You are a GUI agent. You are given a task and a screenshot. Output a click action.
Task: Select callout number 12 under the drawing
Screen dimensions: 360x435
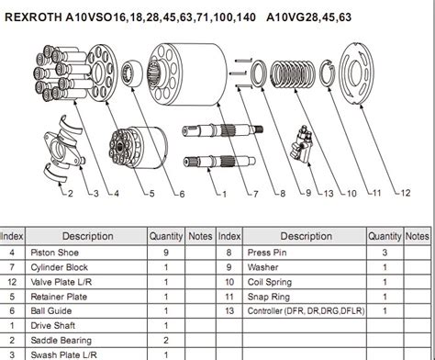404,194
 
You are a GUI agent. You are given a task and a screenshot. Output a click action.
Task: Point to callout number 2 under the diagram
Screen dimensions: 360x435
68,194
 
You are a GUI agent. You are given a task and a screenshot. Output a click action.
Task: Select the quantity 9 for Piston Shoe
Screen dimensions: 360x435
164,251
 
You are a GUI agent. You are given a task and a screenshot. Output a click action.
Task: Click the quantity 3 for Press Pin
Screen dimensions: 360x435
385,251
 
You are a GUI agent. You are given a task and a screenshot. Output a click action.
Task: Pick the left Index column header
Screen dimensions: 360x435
12,236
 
